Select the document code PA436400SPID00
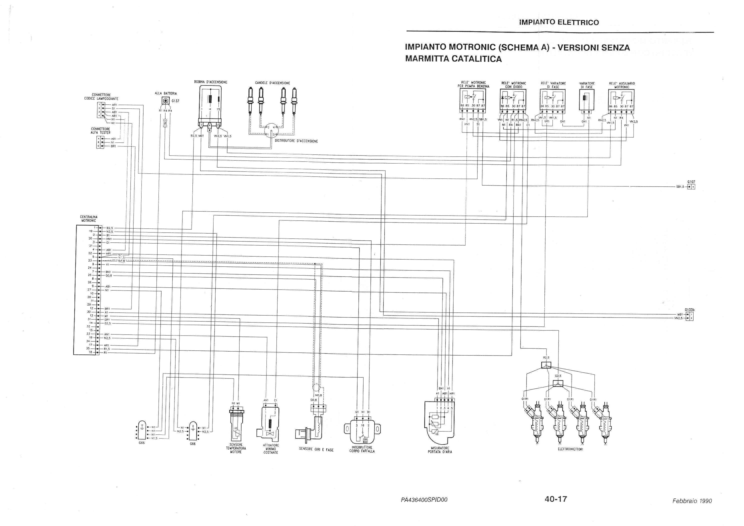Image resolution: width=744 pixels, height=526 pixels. pyautogui.click(x=424, y=500)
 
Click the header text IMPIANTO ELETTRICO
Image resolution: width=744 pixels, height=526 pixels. pyautogui.click(x=559, y=22)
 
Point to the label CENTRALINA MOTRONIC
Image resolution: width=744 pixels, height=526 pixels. pyautogui.click(x=89, y=218)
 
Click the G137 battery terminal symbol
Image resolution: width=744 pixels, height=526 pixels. pyautogui.click(x=165, y=101)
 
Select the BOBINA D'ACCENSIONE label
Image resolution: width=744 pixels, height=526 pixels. pyautogui.click(x=211, y=82)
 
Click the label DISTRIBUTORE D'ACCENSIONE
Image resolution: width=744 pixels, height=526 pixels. pyautogui.click(x=296, y=141)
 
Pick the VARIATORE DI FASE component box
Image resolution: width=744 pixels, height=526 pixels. pyautogui.click(x=586, y=100)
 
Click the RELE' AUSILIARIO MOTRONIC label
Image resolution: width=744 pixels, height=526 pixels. pyautogui.click(x=621, y=85)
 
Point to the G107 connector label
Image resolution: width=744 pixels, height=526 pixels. pyautogui.click(x=691, y=182)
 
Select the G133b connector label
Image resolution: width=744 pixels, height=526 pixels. pyautogui.click(x=689, y=309)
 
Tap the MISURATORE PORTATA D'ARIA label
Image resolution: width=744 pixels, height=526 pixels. pyautogui.click(x=440, y=449)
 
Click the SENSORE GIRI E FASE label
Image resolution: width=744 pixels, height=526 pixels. pyautogui.click(x=316, y=449)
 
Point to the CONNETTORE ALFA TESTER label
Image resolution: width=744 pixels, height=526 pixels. pyautogui.click(x=100, y=130)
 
